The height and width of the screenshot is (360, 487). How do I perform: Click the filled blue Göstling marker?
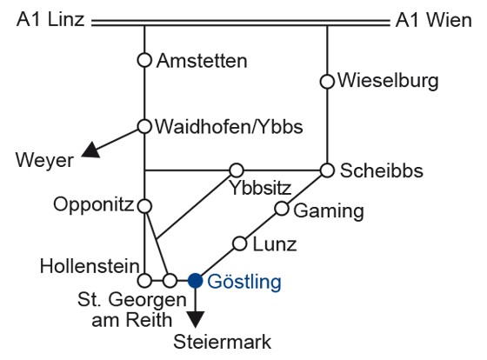196,281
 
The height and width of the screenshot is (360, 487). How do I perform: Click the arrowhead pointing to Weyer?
91,150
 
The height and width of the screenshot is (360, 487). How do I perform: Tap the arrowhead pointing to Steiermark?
196,319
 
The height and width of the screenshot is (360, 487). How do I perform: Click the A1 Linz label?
50,20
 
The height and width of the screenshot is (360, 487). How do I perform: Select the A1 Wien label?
434,21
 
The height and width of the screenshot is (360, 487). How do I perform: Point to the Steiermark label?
222,342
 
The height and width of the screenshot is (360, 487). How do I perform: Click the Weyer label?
44,161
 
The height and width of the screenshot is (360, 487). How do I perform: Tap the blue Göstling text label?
244,283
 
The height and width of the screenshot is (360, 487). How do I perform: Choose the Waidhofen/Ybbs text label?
229,127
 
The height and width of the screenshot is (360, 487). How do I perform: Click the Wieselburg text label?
388,81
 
